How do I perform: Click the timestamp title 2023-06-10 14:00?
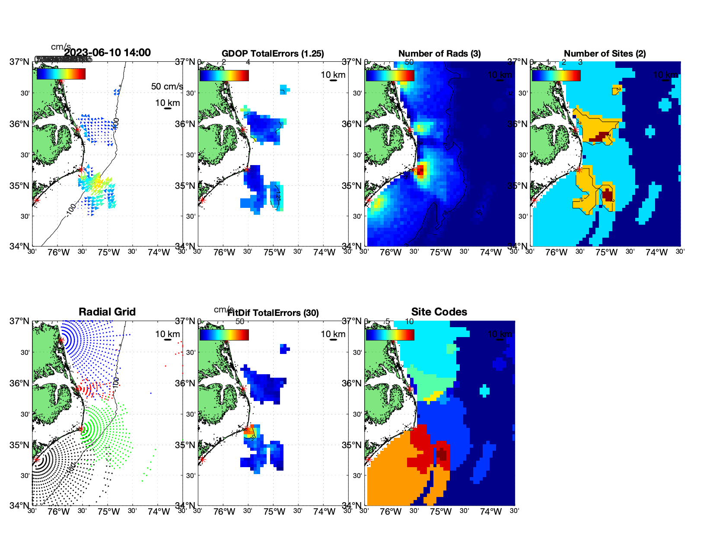tap(108, 53)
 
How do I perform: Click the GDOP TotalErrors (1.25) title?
tap(273, 54)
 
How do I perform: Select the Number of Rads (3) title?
tap(439, 54)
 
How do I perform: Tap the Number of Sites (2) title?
tap(605, 54)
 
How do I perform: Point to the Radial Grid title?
tap(107, 312)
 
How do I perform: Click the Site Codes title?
tap(439, 312)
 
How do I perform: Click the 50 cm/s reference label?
tap(167, 86)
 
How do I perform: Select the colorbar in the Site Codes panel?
tap(390, 335)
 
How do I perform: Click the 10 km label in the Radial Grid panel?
tap(168, 334)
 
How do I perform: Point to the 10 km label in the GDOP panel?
tap(333, 75)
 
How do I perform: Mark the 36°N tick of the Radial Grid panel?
tap(19, 383)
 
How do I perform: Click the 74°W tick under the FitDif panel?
tap(324, 512)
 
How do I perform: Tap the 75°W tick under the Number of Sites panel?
tap(606, 253)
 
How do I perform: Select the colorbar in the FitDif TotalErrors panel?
tap(224, 335)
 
